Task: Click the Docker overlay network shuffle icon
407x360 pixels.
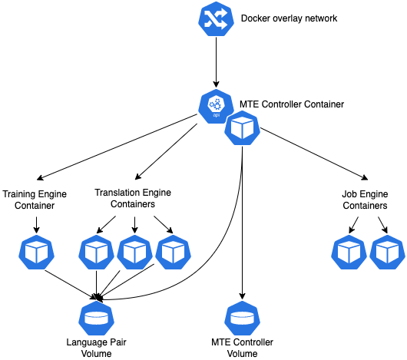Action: pos(216,18)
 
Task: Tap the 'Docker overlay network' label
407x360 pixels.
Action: pos(289,18)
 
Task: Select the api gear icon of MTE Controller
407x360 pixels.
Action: pos(216,106)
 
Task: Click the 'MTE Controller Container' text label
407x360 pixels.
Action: pos(292,104)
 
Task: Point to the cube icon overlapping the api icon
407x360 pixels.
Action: pos(242,128)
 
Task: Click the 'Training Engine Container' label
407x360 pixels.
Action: pos(35,200)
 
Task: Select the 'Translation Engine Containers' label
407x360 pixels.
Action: pos(133,198)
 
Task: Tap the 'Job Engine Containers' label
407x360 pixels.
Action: pos(365,200)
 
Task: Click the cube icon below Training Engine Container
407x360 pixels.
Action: pos(36,252)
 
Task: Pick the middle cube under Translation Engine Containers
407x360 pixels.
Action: pos(134,252)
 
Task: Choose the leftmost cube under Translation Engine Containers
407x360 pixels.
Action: pos(96,252)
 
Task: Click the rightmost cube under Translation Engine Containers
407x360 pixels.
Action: pos(173,252)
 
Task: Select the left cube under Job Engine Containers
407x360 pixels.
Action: pos(349,252)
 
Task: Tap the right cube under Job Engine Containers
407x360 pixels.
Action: pos(387,252)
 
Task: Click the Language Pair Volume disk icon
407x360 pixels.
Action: pos(96,318)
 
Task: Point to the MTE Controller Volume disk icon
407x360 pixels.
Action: pos(242,318)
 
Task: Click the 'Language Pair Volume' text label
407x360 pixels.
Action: pos(96,348)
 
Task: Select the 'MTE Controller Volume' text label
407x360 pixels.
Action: pos(242,348)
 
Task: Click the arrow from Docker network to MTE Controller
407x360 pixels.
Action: pos(216,62)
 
